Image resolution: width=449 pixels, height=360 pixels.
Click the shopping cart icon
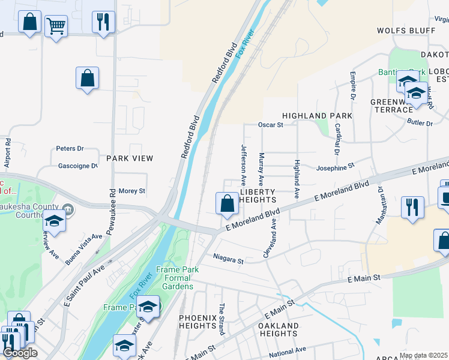56,26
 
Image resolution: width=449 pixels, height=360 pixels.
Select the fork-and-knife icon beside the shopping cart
103,22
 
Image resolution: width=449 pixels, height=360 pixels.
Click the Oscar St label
270,125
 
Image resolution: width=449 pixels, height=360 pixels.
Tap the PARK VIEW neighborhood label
130,158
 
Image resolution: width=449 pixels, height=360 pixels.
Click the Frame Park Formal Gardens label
175,278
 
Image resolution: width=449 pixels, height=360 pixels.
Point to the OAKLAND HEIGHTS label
278,329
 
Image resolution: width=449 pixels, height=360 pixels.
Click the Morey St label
132,191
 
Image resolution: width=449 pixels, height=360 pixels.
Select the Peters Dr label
70,148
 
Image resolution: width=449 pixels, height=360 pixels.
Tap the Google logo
20,353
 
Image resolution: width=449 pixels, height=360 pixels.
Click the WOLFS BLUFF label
406,30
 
